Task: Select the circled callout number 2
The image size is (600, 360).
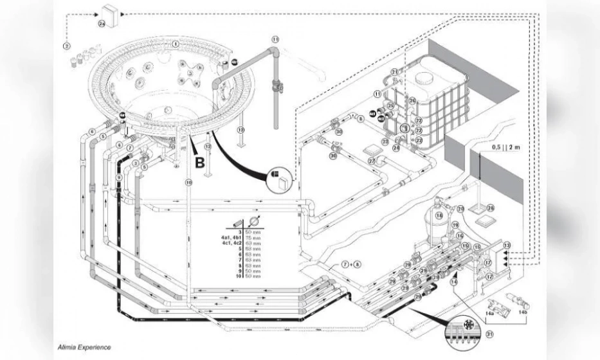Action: [x=66, y=45]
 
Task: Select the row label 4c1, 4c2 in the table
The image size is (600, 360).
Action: [x=233, y=244]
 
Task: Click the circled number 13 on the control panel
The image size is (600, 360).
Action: [x=507, y=246]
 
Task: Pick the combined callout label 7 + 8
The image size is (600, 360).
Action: [x=351, y=264]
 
